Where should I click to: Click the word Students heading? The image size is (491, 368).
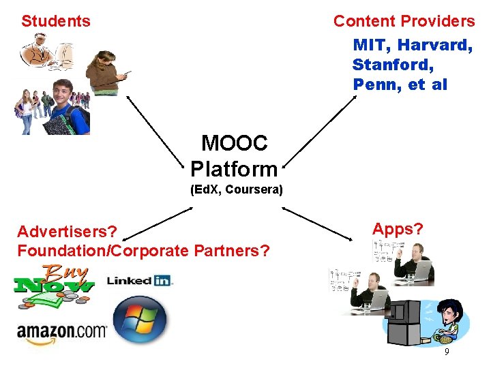pyautogui.click(x=56, y=21)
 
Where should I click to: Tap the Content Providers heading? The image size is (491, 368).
pyautogui.click(x=404, y=21)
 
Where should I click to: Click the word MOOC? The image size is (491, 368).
pyautogui.click(x=234, y=143)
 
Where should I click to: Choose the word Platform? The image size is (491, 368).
pyautogui.click(x=234, y=168)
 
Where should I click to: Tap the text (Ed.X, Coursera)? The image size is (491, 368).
pyautogui.click(x=236, y=190)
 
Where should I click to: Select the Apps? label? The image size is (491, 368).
pyautogui.click(x=398, y=230)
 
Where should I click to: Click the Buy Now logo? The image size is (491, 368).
pyautogui.click(x=55, y=280)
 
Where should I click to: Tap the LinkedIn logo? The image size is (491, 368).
pyautogui.click(x=140, y=280)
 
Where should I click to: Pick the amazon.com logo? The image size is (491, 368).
pyautogui.click(x=62, y=332)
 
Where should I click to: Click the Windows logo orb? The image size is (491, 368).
pyautogui.click(x=140, y=320)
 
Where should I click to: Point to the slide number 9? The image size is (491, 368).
pyautogui.click(x=447, y=352)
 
